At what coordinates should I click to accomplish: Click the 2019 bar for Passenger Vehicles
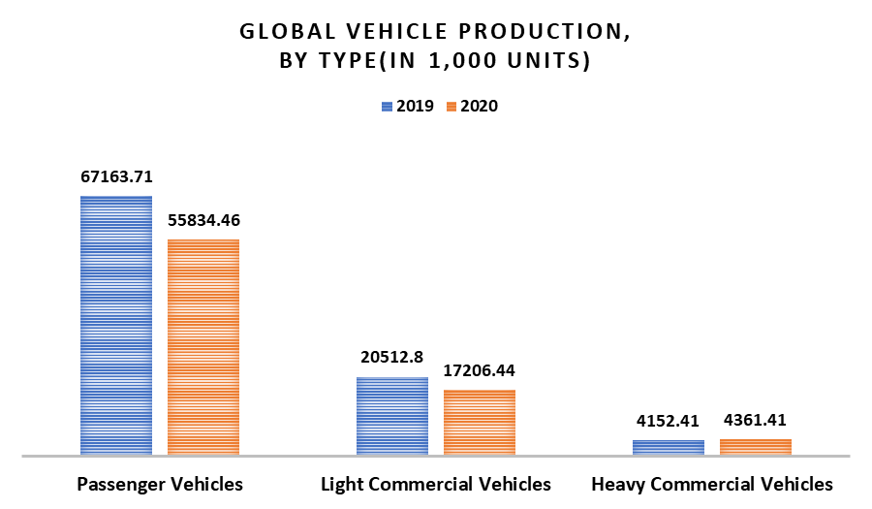[x=116, y=325]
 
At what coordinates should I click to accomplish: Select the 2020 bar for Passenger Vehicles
[x=203, y=346]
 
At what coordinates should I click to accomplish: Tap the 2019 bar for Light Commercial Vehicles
[x=392, y=415]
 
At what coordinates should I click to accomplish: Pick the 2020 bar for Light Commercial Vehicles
[x=480, y=422]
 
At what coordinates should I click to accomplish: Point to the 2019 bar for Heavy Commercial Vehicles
[x=669, y=447]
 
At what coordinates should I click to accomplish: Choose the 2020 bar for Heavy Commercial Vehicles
[x=756, y=446]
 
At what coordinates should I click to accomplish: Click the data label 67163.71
[x=116, y=177]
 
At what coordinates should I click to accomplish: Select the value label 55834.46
[x=203, y=220]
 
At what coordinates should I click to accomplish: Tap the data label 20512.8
[x=392, y=358]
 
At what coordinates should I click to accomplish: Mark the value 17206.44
[x=480, y=371]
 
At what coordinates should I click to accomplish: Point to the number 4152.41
[x=669, y=422]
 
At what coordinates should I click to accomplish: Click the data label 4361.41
[x=756, y=422]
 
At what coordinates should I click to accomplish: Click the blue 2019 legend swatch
[x=388, y=107]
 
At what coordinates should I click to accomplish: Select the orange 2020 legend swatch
[x=452, y=107]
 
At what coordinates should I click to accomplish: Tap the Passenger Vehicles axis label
[x=160, y=483]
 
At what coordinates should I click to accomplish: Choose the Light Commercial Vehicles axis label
[x=436, y=483]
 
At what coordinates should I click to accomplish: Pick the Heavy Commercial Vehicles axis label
[x=712, y=483]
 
